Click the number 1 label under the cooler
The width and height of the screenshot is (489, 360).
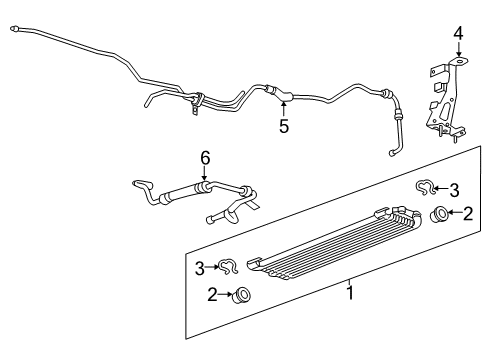click(x=349, y=292)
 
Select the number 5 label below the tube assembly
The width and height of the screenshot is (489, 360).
click(x=284, y=127)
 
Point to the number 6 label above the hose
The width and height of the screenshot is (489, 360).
click(x=206, y=158)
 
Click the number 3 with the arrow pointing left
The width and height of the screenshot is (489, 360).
click(x=453, y=189)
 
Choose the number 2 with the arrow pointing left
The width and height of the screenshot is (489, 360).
click(x=465, y=212)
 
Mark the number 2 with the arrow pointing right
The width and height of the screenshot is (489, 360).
click(x=212, y=321)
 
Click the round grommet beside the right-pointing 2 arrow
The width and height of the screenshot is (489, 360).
click(x=240, y=322)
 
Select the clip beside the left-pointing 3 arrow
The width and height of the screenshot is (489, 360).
click(x=425, y=187)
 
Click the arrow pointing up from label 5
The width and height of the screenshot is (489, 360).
click(x=284, y=108)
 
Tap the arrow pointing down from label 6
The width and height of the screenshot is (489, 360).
click(x=206, y=176)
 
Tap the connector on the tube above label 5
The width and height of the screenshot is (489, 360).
click(x=284, y=97)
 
